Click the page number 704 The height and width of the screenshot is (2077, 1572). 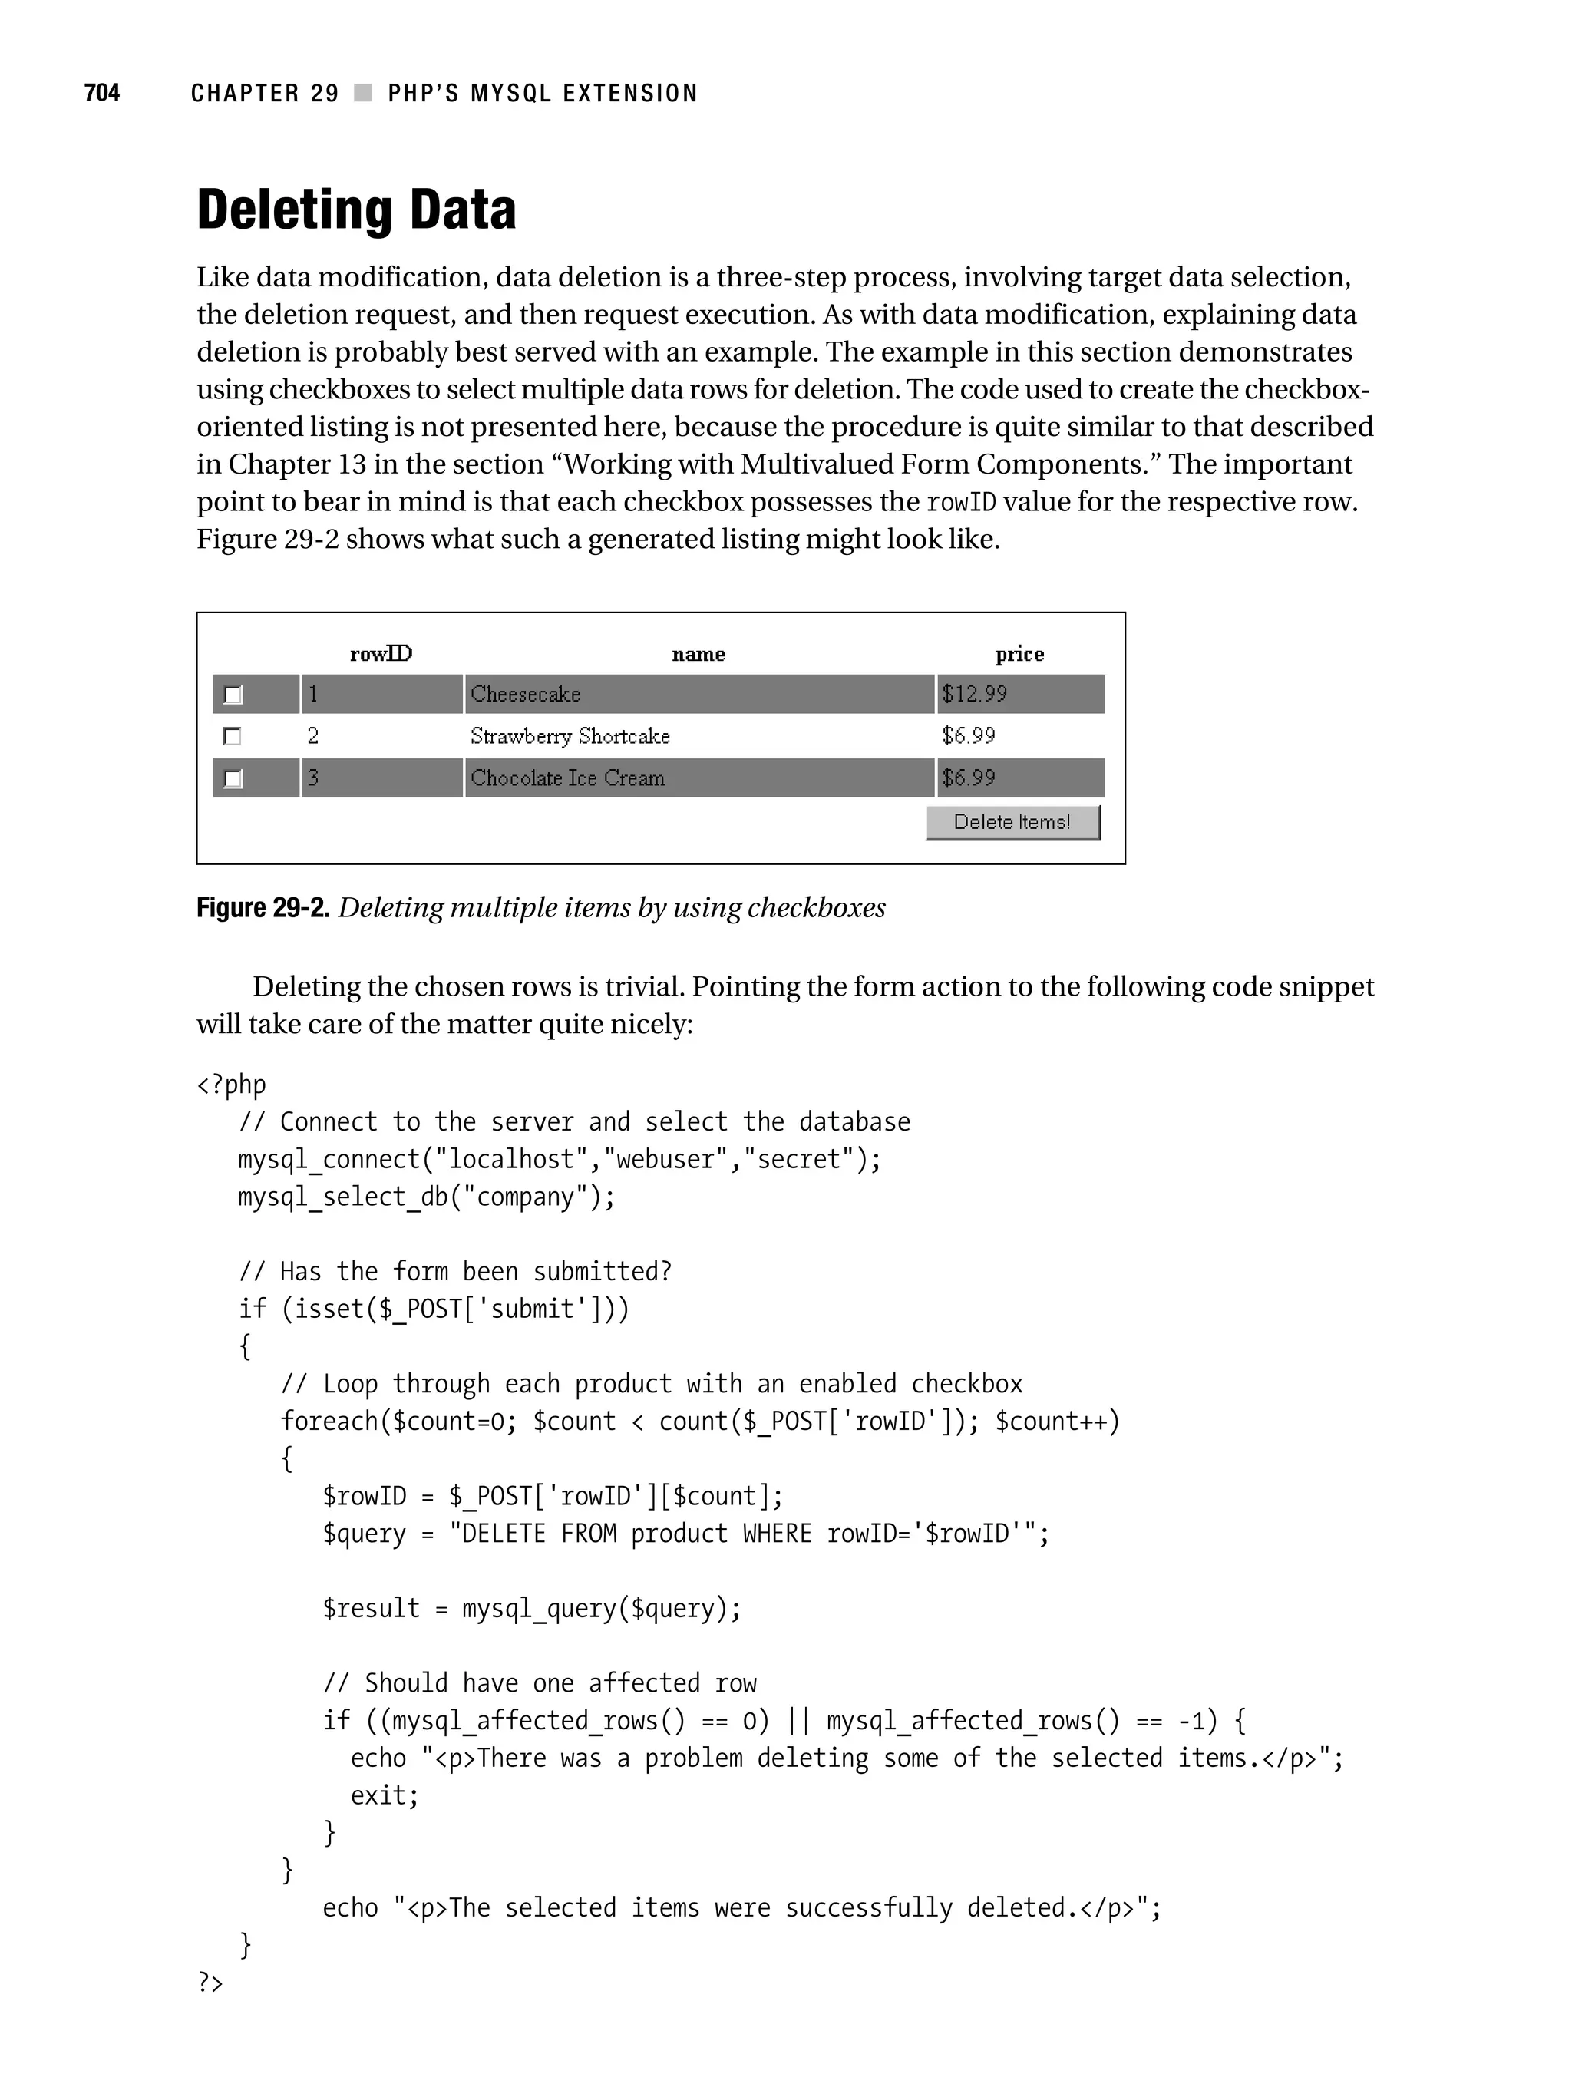(101, 92)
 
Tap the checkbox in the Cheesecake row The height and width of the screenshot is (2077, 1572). (233, 695)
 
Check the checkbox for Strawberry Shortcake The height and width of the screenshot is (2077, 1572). (232, 736)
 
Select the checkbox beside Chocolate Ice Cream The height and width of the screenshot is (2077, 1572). (233, 778)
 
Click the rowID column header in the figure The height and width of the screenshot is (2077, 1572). (380, 653)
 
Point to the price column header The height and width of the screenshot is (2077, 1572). (1019, 653)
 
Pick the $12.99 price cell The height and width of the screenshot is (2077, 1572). (974, 694)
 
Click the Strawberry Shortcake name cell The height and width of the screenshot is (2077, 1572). (570, 736)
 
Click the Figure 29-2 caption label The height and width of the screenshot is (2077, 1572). (262, 908)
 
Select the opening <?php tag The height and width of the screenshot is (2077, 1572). (231, 1085)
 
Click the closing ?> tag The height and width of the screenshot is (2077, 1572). (210, 1982)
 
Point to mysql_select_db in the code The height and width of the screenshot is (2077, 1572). (343, 1197)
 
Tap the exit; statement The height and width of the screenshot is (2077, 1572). (384, 1795)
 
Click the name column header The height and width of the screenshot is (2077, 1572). (698, 653)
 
